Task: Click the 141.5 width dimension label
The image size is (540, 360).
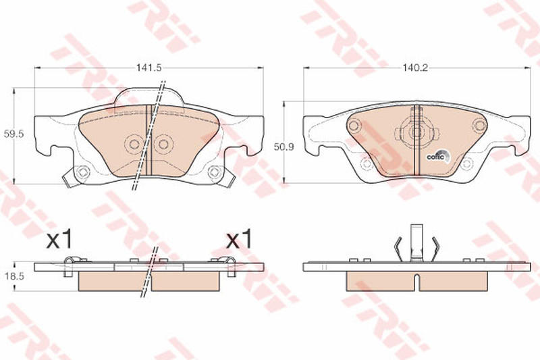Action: pyautogui.click(x=148, y=68)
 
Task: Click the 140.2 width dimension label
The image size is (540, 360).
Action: pyautogui.click(x=415, y=68)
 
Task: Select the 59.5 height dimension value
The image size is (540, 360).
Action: pyautogui.click(x=13, y=134)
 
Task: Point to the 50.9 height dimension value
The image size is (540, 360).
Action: pyautogui.click(x=283, y=147)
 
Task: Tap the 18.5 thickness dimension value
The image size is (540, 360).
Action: pyautogui.click(x=13, y=276)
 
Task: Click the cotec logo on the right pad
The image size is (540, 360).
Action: pyautogui.click(x=438, y=157)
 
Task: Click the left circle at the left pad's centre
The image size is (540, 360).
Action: pyautogui.click(x=134, y=144)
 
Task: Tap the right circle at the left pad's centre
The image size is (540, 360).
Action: pyautogui.click(x=163, y=144)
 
